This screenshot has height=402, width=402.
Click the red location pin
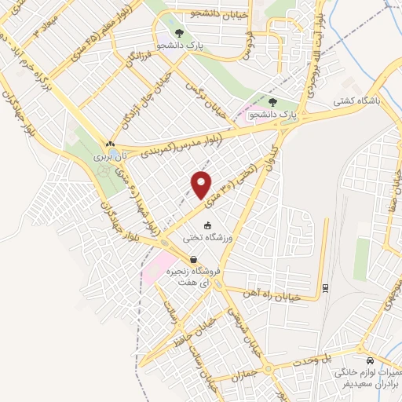click(x=202, y=185)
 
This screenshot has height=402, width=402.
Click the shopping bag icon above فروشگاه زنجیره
click(x=193, y=260)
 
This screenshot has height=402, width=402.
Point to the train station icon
click(x=324, y=289)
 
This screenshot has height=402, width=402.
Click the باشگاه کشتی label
click(x=358, y=100)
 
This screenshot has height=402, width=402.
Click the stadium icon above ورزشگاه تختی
click(x=207, y=225)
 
